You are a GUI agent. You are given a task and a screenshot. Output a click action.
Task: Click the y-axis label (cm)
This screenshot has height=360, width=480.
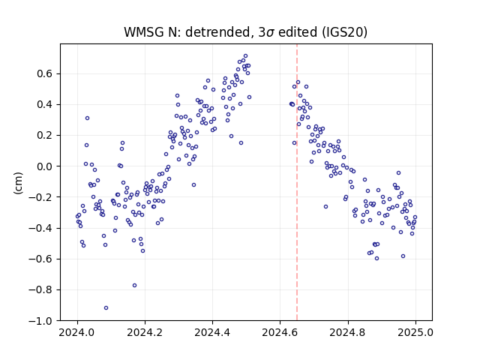(x=18, y=183)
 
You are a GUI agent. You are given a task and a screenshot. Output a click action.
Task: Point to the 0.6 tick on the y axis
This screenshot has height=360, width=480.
(x=45, y=73)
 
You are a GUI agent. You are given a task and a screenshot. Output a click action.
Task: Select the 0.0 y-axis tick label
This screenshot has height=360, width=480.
(x=45, y=166)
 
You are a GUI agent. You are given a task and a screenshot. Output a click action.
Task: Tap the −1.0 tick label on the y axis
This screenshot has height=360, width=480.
(x=41, y=320)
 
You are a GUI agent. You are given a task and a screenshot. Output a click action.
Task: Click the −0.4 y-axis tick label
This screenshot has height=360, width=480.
(x=41, y=228)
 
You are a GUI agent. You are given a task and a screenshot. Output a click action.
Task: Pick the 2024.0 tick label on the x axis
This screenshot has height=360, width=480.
(x=77, y=332)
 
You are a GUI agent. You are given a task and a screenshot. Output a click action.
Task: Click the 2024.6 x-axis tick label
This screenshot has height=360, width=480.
(x=280, y=332)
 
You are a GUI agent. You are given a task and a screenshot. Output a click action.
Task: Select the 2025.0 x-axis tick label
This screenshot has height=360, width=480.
(x=415, y=332)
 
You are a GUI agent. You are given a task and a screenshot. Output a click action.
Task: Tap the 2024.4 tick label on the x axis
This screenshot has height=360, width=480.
(x=212, y=332)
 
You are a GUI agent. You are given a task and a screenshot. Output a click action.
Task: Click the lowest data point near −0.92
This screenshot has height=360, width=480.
(x=106, y=308)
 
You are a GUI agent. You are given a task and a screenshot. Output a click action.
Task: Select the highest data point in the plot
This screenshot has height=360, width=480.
(x=245, y=56)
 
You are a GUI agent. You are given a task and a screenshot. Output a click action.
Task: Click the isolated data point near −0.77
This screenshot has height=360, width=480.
(x=134, y=285)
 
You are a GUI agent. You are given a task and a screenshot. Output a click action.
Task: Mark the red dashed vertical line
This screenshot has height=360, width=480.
(x=297, y=182)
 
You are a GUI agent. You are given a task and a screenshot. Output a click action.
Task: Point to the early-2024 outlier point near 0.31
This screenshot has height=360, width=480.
(x=87, y=118)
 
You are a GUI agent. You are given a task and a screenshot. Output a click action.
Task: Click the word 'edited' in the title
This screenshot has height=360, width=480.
(x=298, y=32)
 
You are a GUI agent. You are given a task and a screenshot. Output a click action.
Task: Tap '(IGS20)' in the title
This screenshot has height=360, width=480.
(x=344, y=32)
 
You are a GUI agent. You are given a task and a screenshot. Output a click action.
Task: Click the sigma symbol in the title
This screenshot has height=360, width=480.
(x=270, y=33)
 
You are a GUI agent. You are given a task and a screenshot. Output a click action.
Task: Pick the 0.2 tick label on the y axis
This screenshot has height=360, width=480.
(x=45, y=135)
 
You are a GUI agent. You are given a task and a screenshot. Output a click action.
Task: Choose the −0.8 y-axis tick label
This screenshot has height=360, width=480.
(x=41, y=289)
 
